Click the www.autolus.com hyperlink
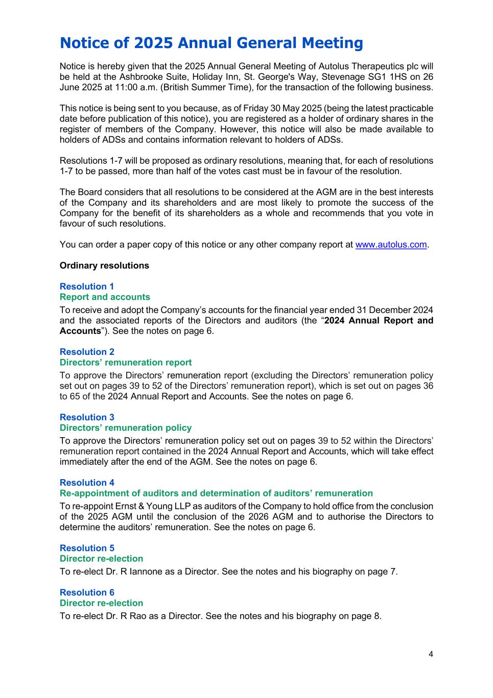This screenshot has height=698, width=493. pos(391,244)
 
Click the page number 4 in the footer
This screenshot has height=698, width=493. pos(431,654)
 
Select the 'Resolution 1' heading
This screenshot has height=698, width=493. pos(87,286)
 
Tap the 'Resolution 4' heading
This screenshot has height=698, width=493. pos(87,483)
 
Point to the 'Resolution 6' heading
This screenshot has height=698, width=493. pos(87,593)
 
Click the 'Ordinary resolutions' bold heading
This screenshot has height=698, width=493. pos(104,265)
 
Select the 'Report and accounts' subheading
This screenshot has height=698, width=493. pos(105,297)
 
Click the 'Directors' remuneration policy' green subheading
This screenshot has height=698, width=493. pos(126,428)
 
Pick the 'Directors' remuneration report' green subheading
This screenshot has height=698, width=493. pos(126,363)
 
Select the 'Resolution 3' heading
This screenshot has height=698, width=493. pos(87,417)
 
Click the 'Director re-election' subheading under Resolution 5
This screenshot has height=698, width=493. pos(101,559)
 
